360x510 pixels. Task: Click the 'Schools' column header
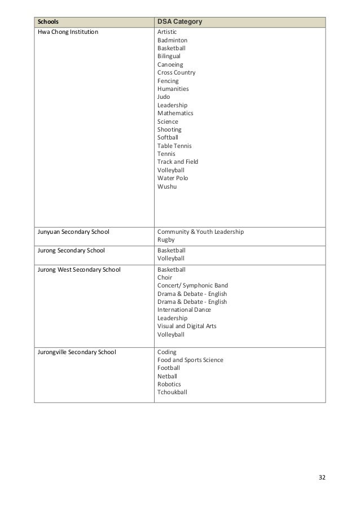49,22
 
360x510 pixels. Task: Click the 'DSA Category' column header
179,22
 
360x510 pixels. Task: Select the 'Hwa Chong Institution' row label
67,32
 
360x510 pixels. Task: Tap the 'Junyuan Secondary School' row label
73,232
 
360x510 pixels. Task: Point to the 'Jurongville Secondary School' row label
77,351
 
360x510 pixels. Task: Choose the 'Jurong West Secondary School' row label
79,269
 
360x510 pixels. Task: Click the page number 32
322,477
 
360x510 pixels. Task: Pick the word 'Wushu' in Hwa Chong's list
166,186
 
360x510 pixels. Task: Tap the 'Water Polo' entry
173,178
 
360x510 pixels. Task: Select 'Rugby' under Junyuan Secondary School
166,239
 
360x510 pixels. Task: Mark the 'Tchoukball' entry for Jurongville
173,392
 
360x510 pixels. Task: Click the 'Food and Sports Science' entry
190,360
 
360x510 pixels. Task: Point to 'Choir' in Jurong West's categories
165,278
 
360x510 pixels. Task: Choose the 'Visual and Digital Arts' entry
187,326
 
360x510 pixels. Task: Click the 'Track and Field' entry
178,162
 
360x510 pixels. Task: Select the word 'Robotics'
169,384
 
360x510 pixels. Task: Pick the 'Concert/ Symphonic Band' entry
192,286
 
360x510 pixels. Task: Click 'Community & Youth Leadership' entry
200,232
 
